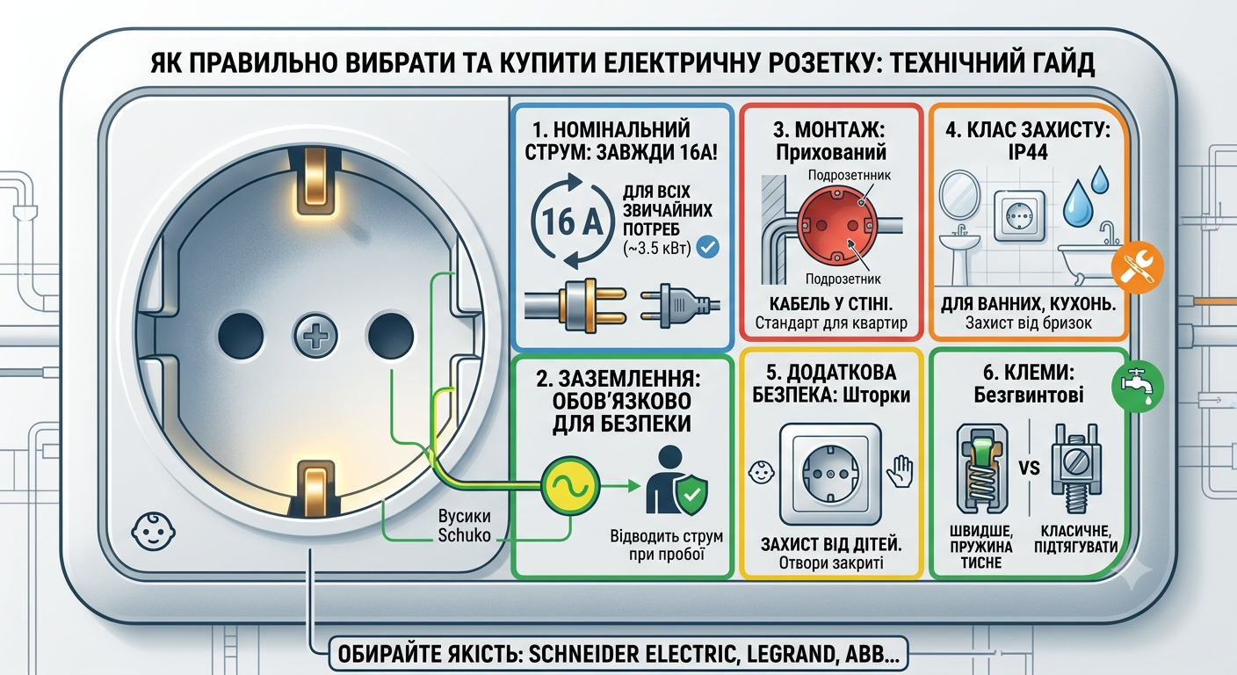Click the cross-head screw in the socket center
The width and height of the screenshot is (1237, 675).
coord(315,335)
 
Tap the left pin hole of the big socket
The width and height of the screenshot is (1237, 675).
coord(241,335)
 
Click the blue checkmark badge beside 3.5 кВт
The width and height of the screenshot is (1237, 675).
coord(707,247)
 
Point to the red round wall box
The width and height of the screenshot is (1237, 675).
coord(836,224)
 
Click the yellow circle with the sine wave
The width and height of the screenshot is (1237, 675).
coord(570,485)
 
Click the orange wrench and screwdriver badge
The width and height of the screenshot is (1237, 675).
coord(1138,267)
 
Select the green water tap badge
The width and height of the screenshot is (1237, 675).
coord(1138,387)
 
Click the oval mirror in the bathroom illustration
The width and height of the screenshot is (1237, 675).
coord(959,195)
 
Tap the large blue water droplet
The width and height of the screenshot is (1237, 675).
coord(1077,203)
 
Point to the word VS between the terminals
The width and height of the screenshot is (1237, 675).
coord(1030,468)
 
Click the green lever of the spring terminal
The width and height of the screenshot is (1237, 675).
coord(981,448)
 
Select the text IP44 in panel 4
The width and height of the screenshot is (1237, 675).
coord(1028,152)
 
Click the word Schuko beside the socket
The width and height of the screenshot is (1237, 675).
coord(465,535)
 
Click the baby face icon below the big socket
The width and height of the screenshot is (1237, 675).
coord(154,532)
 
